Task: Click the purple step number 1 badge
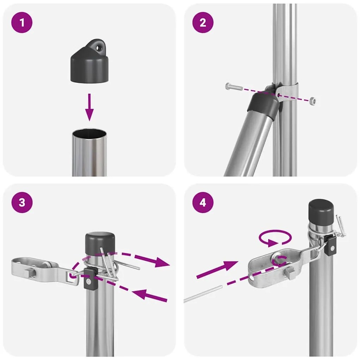point(22,23)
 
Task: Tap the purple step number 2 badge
point(203,23)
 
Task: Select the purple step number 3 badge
point(22,203)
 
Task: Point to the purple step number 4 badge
point(203,203)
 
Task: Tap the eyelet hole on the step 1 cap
point(100,46)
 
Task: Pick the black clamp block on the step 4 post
point(331,245)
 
